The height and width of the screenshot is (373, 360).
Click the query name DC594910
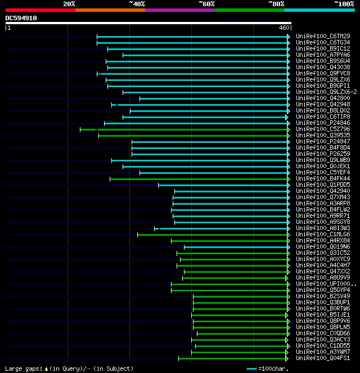tap(21, 18)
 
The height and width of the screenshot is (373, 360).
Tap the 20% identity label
tap(69, 3)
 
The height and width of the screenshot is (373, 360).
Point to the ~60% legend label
tap(206, 3)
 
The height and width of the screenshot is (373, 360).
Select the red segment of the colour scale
tap(40, 10)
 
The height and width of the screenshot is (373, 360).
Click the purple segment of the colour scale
tap(179, 10)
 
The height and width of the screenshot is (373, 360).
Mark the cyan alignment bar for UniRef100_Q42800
tap(214, 98)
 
